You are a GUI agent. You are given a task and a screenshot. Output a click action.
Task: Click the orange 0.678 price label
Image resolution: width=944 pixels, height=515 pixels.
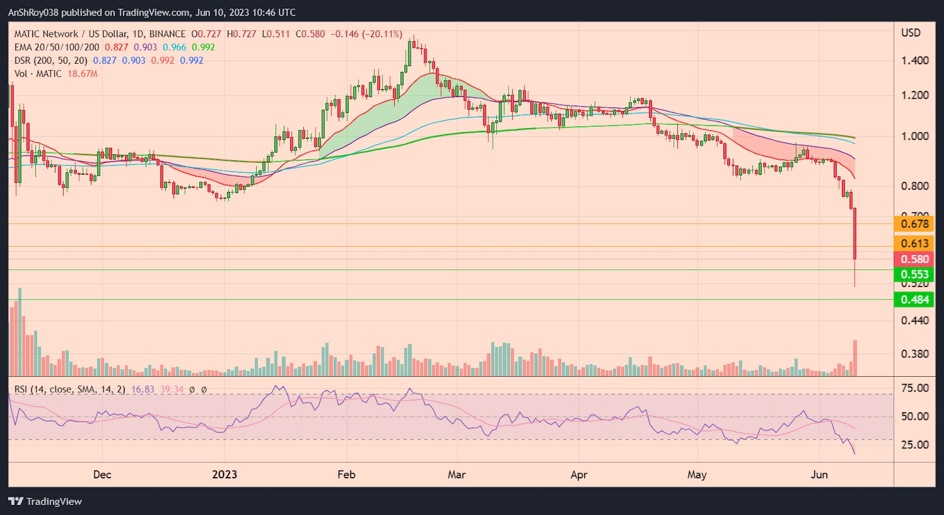point(914,224)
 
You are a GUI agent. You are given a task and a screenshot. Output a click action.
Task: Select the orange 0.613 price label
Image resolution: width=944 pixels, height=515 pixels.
point(914,243)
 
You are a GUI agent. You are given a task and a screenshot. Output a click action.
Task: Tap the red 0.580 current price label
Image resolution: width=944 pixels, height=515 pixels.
point(914,259)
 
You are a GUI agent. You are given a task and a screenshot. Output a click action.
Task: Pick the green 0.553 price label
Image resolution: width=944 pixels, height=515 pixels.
point(914,275)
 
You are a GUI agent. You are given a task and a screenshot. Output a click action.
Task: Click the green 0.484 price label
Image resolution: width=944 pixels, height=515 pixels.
point(914,300)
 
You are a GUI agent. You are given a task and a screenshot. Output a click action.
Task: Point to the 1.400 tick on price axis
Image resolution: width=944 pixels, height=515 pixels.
point(914,60)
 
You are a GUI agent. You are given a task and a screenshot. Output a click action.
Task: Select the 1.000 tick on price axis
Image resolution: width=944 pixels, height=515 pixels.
point(914,136)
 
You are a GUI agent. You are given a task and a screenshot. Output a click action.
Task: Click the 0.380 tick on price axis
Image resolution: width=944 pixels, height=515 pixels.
point(914,354)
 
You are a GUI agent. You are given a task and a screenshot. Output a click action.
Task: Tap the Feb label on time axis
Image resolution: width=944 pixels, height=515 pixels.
point(346,475)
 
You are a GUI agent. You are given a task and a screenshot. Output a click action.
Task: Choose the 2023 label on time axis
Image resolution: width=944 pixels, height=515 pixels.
point(224,475)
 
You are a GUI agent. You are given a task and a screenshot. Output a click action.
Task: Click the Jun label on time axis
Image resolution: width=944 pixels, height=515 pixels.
point(819,475)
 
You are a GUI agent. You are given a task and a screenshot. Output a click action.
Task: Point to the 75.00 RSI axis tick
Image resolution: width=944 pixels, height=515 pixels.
point(914,388)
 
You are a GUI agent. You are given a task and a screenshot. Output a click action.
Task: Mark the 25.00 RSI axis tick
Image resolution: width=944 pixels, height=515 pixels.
point(914,445)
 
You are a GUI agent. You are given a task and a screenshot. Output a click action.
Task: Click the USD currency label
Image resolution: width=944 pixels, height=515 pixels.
point(910,33)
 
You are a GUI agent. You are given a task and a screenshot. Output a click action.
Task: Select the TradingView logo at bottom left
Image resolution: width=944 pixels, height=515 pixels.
point(45,501)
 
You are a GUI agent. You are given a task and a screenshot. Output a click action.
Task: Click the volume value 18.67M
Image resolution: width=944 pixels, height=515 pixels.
point(83,74)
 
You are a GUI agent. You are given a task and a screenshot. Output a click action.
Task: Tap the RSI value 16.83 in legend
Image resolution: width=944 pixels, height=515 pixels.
point(143,390)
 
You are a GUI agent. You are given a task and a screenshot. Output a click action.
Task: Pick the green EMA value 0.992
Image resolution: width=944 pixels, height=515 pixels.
point(204,47)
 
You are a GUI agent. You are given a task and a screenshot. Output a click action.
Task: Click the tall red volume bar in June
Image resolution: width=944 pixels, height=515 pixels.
point(854,358)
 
